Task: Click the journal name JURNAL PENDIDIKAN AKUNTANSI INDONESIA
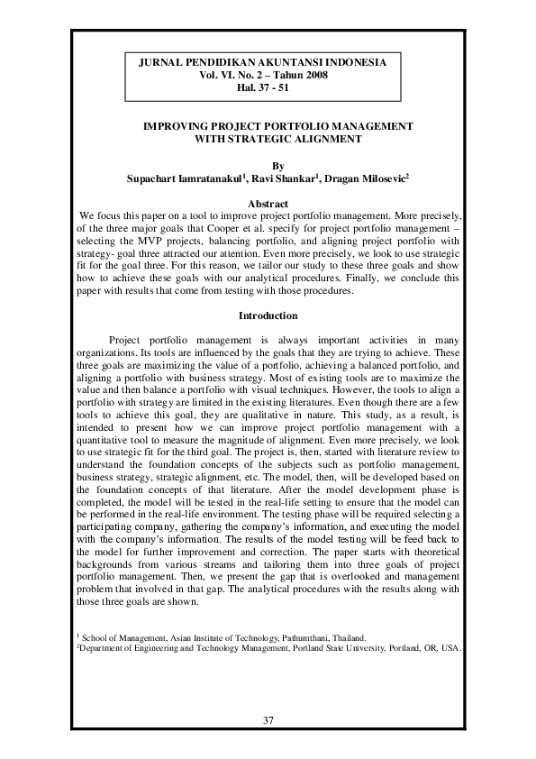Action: [268, 62]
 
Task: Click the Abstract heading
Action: [268, 205]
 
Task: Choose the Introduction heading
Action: [268, 316]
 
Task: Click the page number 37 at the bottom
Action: [268, 719]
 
